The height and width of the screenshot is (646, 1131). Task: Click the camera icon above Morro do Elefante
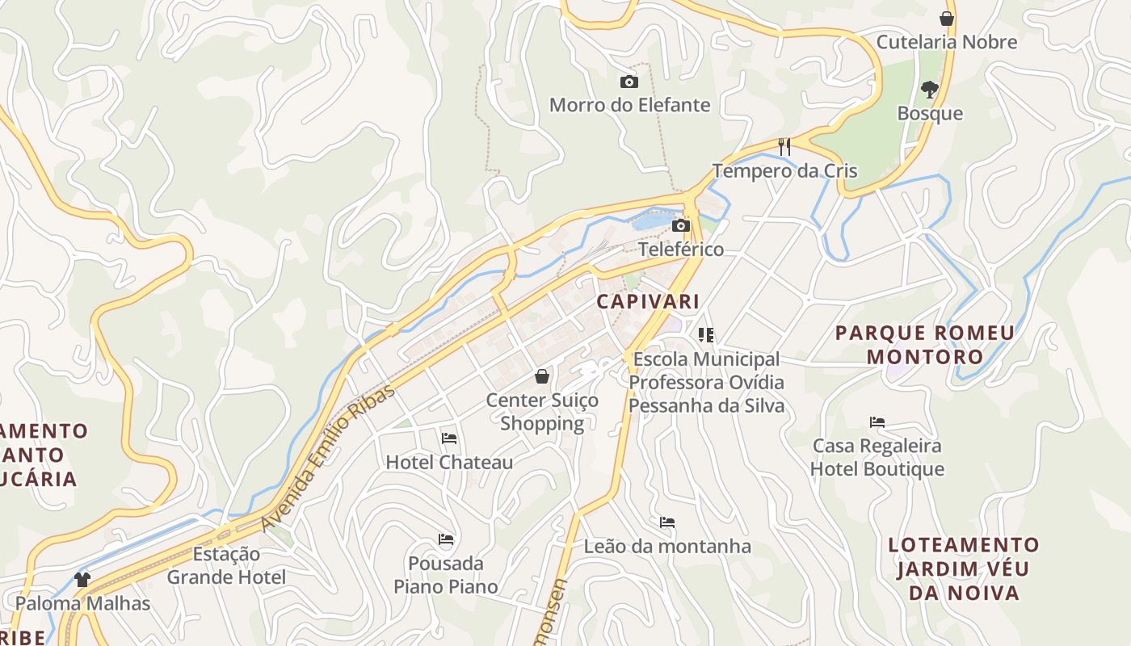click(x=629, y=82)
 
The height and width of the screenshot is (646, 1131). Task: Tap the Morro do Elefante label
click(x=629, y=105)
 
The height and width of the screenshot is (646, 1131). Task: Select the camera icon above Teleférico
click(x=681, y=225)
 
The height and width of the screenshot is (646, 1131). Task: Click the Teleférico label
click(x=681, y=249)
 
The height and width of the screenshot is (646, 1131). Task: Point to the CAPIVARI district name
click(x=648, y=302)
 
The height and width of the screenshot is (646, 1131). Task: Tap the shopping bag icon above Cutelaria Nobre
click(x=947, y=19)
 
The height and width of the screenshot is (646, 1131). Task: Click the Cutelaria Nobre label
click(x=947, y=42)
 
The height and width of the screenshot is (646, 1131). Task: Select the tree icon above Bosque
click(x=930, y=89)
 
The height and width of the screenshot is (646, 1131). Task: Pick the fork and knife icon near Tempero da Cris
click(x=784, y=147)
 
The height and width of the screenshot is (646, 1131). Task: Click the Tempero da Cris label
click(x=784, y=171)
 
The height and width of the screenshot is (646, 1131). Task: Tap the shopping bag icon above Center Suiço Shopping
click(x=542, y=376)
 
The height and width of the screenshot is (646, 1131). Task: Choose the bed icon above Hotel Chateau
click(x=449, y=438)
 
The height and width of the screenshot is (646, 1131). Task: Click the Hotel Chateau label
click(x=449, y=463)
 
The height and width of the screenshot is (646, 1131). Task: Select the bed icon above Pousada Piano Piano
click(x=446, y=539)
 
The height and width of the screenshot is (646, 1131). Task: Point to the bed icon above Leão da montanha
click(x=667, y=522)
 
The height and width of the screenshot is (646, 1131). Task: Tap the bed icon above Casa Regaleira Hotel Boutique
click(x=877, y=422)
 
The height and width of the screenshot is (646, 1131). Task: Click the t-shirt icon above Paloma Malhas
click(x=82, y=579)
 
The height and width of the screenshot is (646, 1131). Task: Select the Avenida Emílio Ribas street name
click(x=328, y=458)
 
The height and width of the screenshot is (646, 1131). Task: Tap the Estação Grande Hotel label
click(x=226, y=565)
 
